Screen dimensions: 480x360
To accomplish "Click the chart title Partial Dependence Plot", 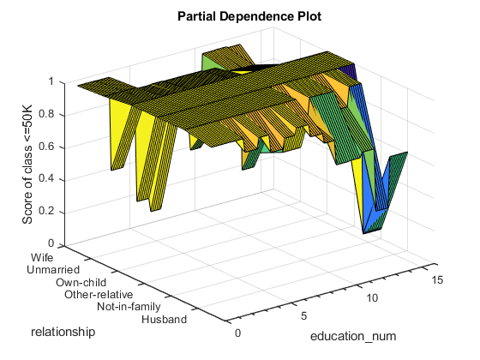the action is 249,16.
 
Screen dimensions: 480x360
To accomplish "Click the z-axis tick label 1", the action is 51,81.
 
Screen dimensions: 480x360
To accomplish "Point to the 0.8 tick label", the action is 46,114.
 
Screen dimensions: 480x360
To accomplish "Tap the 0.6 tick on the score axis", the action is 46,147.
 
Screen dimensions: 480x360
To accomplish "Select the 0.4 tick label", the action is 46,179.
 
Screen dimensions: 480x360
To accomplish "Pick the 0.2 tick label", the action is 46,211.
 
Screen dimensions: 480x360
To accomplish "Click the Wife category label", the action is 42,257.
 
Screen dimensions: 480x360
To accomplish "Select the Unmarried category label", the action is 53,270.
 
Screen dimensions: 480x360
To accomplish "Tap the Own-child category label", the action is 81,282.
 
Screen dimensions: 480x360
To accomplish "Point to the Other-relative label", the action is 99,295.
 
